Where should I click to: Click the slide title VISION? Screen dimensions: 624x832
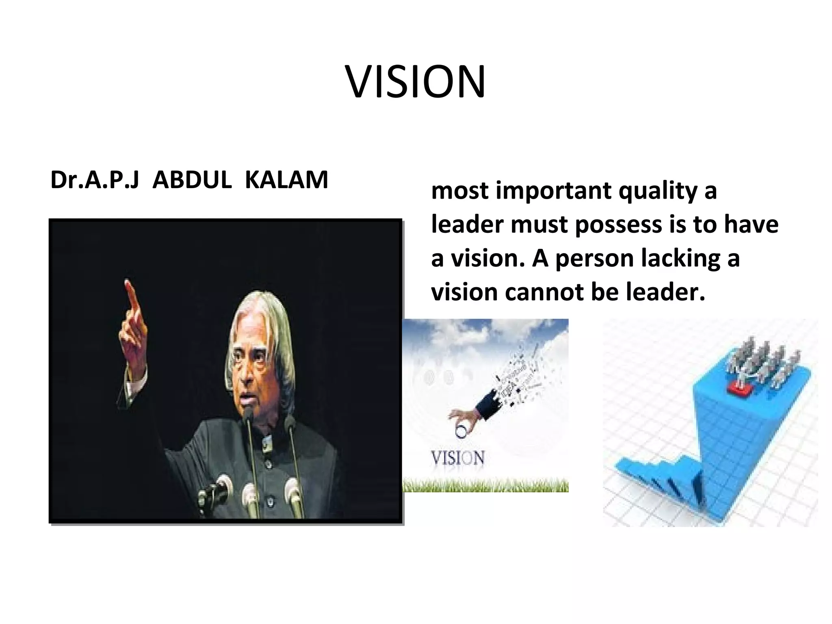tap(415, 82)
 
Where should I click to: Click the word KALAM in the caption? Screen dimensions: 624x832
tap(286, 180)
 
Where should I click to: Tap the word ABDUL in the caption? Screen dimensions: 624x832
tap(192, 180)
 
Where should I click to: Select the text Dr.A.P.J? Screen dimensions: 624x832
tap(94, 180)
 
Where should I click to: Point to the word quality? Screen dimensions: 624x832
tap(658, 191)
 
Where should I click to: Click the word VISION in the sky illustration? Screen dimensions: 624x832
tap(457, 458)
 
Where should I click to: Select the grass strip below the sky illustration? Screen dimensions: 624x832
tap(485, 485)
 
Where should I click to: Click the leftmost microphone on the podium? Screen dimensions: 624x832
tap(211, 494)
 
